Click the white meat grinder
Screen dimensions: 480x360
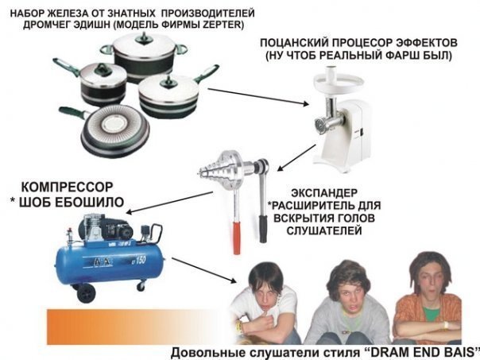(342, 118)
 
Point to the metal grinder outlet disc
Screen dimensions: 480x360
(319, 125)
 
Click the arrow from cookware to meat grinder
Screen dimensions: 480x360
(258, 97)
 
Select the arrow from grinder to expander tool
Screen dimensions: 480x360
(296, 157)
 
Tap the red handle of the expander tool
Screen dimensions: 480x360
(237, 238)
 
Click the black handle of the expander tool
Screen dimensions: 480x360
(263, 228)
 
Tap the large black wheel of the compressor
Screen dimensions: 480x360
(86, 293)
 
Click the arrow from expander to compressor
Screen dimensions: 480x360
(169, 202)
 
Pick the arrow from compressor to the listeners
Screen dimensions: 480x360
(204, 270)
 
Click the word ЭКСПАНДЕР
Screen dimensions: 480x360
(324, 193)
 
